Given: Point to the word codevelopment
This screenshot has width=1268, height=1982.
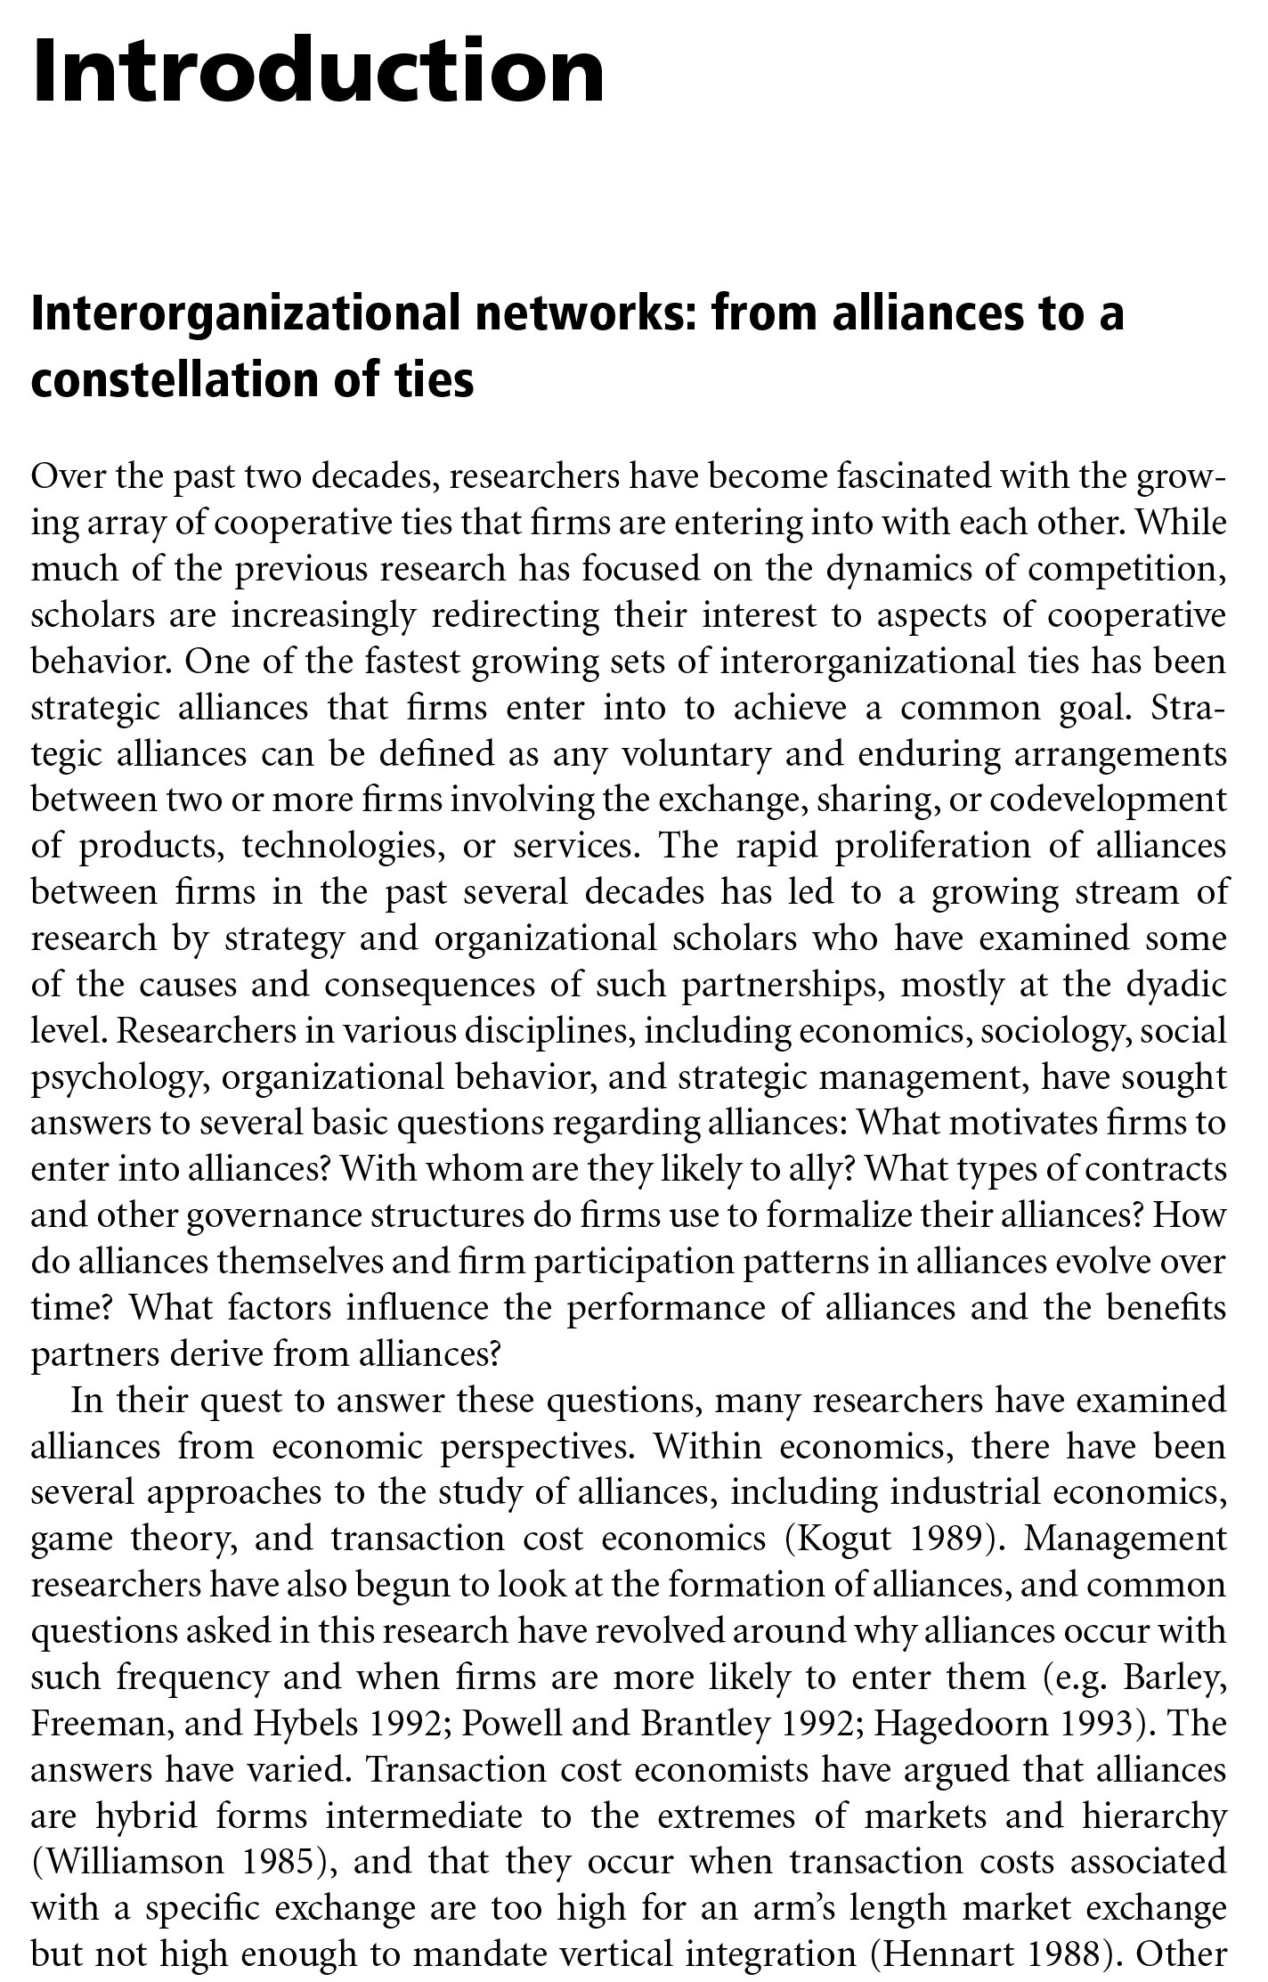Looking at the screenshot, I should click(1108, 800).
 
